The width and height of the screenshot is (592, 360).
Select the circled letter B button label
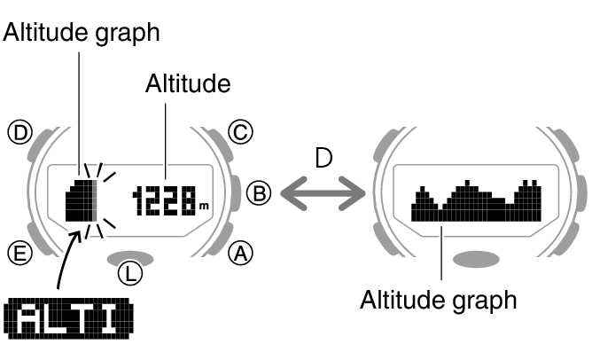pyautogui.click(x=258, y=192)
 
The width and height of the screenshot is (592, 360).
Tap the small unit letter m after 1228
pyautogui.click(x=204, y=207)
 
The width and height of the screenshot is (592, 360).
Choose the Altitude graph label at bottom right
pyautogui.click(x=438, y=300)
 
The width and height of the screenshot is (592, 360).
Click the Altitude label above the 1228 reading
pyautogui.click(x=187, y=84)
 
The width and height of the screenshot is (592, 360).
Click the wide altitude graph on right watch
pyautogui.click(x=477, y=201)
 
